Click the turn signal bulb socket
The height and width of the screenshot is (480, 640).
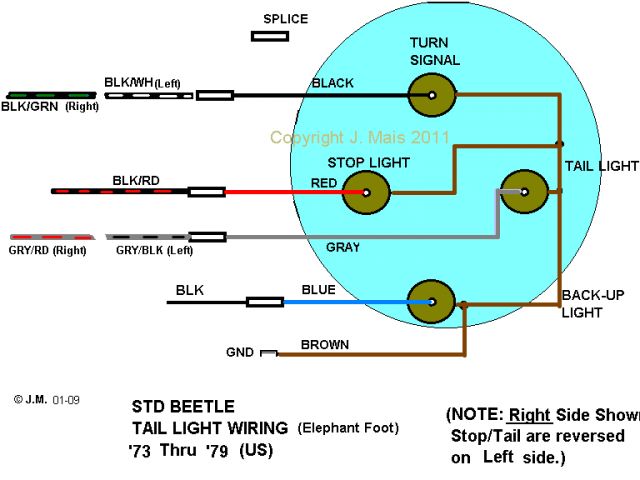pos(432,96)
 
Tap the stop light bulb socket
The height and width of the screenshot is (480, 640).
pos(366,192)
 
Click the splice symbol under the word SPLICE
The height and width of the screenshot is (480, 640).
pos(270,36)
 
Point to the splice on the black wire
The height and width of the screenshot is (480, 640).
pos(215,95)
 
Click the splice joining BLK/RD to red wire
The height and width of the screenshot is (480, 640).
pos(206,191)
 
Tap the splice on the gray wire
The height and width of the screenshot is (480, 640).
pos(207,237)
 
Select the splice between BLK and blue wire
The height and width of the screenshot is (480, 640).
pos(265,301)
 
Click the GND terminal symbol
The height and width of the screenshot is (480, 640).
pos(269,353)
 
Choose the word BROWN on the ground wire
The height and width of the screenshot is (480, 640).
pos(326,345)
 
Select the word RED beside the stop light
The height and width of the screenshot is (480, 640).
pos(324,183)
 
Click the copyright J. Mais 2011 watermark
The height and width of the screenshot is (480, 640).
pos(360,138)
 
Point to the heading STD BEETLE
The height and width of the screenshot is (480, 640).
pos(184,407)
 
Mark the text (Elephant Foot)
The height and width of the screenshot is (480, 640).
pos(348,428)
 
